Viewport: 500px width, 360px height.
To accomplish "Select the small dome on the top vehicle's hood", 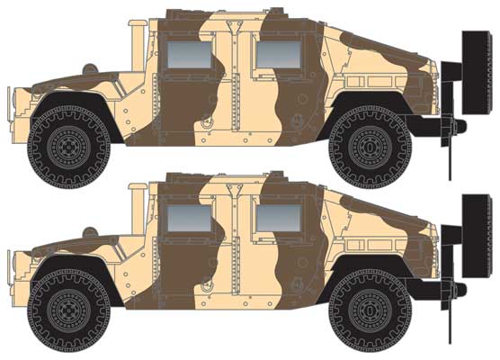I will [87, 68].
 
